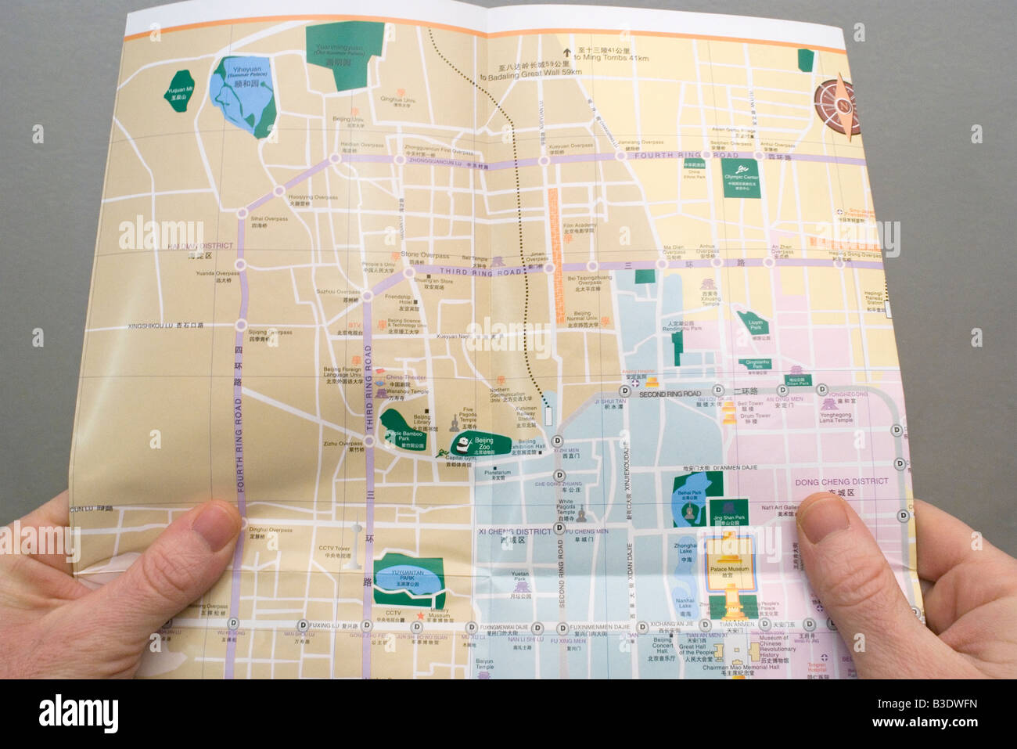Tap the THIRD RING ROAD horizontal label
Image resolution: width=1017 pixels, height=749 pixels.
point(485,272)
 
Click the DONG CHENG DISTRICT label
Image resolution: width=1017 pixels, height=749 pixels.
point(841,481)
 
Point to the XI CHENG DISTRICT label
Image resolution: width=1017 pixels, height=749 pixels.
point(514,531)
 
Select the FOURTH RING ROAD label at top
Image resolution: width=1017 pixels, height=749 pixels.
point(674,156)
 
